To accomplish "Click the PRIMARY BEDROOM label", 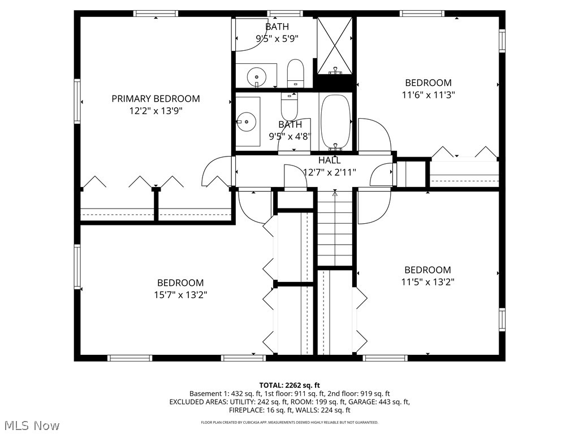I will pyautogui.click(x=155, y=99).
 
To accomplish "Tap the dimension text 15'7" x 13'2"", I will pyautogui.click(x=180, y=295).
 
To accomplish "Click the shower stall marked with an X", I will pyautogui.click(x=334, y=46).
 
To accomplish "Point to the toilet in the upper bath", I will pyautogui.click(x=296, y=73).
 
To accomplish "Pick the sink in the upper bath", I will pyautogui.click(x=257, y=75).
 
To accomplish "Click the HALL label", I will pyautogui.click(x=329, y=160).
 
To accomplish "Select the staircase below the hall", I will pyautogui.click(x=335, y=232).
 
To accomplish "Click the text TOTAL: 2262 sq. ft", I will pyautogui.click(x=289, y=384).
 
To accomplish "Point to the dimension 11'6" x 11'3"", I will pyautogui.click(x=428, y=95).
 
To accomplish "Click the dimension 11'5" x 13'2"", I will pyautogui.click(x=428, y=282).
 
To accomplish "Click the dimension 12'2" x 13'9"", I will pyautogui.click(x=155, y=111).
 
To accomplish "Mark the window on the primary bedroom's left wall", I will pyautogui.click(x=77, y=102).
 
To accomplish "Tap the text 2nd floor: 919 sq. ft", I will pyautogui.click(x=358, y=393).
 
